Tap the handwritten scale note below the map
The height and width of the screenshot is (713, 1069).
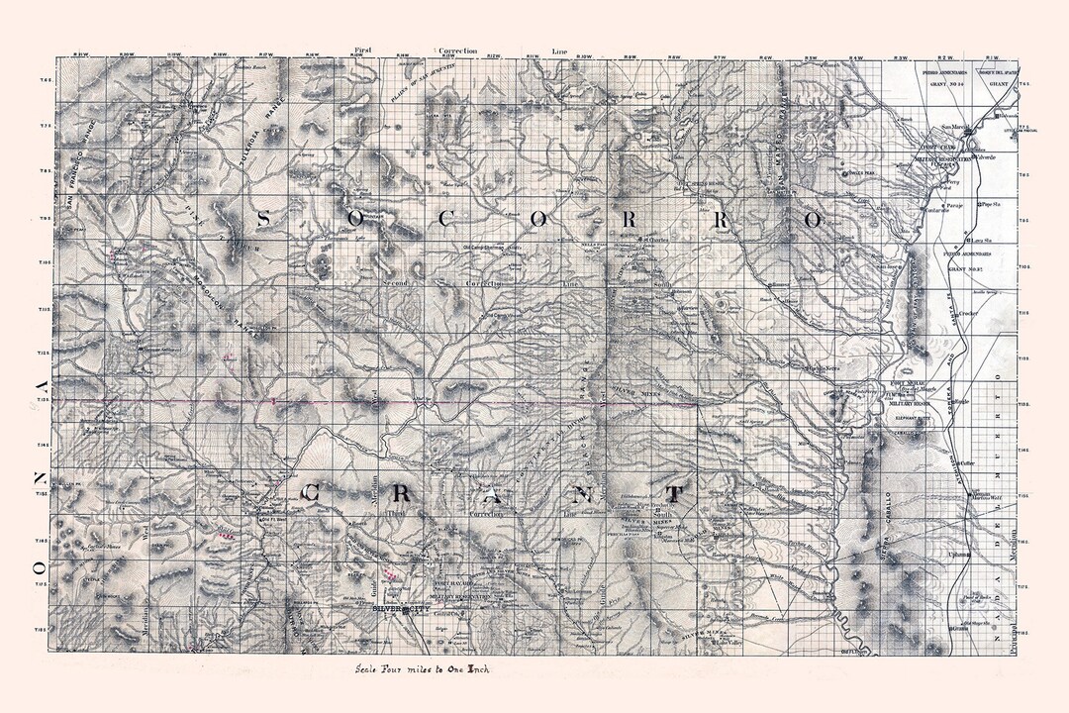click(x=425, y=668)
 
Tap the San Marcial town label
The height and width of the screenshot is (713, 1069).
click(x=951, y=126)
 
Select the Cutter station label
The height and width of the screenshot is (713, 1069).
click(x=966, y=462)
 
